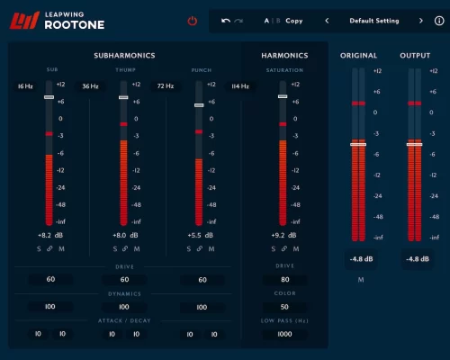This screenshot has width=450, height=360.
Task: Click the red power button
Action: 192,21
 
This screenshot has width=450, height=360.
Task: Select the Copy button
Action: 294,20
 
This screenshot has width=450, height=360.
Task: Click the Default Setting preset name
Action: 373,20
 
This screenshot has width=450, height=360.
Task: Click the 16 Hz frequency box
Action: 23,86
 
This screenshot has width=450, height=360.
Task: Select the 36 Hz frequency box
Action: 90,86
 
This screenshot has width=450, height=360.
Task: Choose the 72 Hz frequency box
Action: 165,86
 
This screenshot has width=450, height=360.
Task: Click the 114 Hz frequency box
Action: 240,86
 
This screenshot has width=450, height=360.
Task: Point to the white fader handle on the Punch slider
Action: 200,104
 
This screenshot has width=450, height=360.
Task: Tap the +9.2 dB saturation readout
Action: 283,234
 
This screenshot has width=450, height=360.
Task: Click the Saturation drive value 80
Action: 283,279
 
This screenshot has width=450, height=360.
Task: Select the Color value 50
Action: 283,307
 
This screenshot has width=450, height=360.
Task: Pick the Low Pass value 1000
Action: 283,334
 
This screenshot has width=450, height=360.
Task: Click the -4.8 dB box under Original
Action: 360,259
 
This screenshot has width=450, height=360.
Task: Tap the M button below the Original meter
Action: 360,280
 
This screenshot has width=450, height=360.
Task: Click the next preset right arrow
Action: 420,20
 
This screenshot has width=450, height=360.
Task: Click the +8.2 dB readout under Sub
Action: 50,234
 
